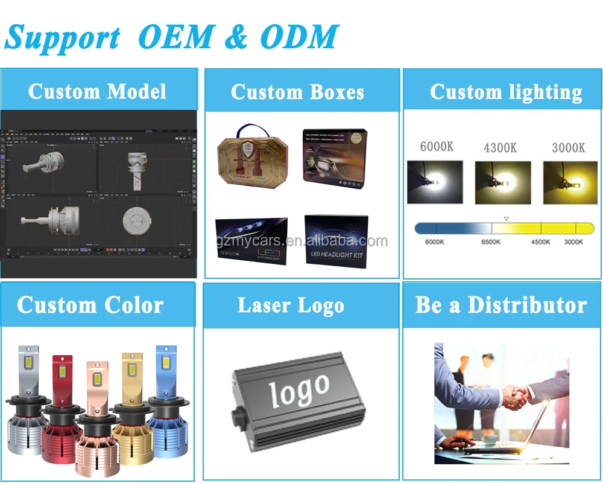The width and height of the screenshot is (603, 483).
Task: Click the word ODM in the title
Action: point(299,37)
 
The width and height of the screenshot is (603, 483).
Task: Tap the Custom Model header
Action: point(97,92)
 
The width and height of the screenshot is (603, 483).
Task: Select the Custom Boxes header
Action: point(297,92)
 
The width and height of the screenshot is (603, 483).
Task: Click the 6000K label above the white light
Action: point(437,146)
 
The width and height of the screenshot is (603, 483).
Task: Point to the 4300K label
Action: point(500,148)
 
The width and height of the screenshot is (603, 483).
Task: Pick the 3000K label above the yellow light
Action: point(568,147)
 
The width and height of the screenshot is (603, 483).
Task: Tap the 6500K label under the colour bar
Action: point(491,242)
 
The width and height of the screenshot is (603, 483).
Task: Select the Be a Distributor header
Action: point(501,305)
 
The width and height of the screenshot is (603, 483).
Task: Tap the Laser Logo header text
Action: point(291,305)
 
